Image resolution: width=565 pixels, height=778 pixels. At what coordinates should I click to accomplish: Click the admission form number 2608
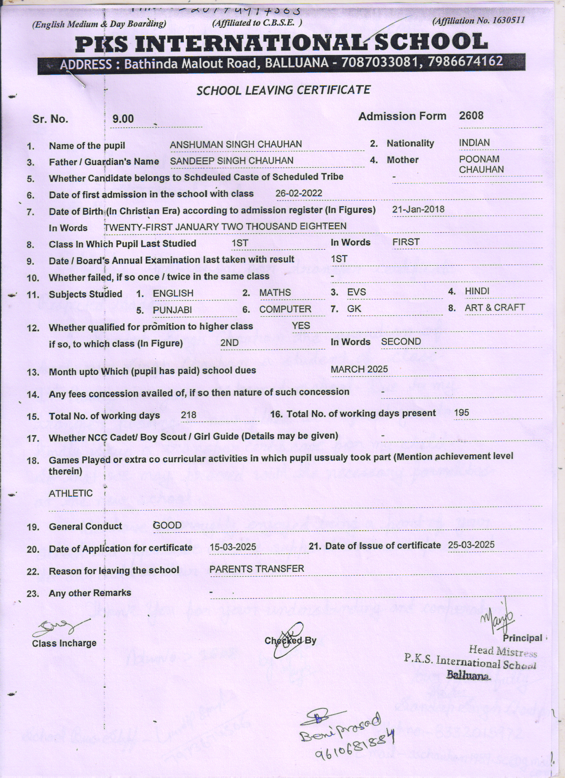pyautogui.click(x=471, y=116)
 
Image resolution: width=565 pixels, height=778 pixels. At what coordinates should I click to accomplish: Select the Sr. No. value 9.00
pyautogui.click(x=123, y=119)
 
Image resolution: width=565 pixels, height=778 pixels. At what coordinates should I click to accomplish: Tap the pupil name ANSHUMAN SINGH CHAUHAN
pyautogui.click(x=236, y=145)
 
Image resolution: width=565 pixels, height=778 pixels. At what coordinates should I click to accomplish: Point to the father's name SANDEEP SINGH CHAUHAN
pyautogui.click(x=231, y=161)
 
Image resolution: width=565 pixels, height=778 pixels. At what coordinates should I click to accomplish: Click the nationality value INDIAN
pyautogui.click(x=474, y=143)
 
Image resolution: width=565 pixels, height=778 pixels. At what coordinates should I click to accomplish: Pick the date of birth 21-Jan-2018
pyautogui.click(x=418, y=209)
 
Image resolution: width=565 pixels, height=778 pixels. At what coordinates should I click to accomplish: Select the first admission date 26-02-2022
pyautogui.click(x=299, y=193)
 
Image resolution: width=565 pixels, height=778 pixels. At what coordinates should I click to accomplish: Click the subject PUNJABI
pyautogui.click(x=172, y=310)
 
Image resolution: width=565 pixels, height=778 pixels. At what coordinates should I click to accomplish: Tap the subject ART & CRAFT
pyautogui.click(x=495, y=308)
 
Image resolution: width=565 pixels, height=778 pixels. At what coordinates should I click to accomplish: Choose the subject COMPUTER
pyautogui.click(x=285, y=309)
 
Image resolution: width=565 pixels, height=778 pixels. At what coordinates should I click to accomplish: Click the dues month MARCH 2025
pyautogui.click(x=359, y=369)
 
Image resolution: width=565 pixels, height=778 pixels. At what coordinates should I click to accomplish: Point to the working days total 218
pyautogui.click(x=188, y=415)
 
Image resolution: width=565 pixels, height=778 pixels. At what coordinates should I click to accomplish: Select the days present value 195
pyautogui.click(x=461, y=413)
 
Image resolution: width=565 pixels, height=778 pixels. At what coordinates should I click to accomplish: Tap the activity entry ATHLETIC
pyautogui.click(x=70, y=493)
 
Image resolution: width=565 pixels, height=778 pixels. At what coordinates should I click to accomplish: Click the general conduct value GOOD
pyautogui.click(x=167, y=526)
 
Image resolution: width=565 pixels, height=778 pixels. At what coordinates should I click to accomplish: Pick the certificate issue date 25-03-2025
pyautogui.click(x=471, y=545)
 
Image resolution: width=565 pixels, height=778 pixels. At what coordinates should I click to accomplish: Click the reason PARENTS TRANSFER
pyautogui.click(x=257, y=569)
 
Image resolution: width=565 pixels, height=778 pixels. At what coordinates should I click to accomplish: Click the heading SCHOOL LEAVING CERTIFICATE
pyautogui.click(x=283, y=90)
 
